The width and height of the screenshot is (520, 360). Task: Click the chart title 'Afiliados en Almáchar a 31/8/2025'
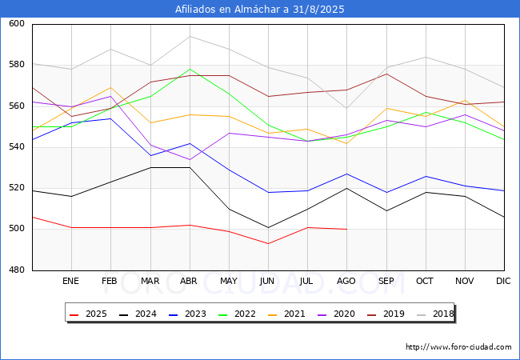(260, 9)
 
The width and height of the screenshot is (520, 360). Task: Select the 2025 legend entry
(88, 314)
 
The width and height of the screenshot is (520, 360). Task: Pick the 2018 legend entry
(435, 314)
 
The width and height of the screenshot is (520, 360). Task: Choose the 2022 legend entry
(237, 314)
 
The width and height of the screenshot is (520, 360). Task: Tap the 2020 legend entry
(336, 314)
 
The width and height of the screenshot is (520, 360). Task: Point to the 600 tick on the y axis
(17, 23)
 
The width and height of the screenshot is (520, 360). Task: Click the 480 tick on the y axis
(17, 270)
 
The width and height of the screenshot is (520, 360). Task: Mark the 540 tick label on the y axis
(17, 147)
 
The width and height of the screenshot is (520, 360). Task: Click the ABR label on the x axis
(189, 281)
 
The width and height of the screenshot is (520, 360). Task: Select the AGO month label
(346, 281)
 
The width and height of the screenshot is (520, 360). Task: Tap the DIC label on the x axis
(503, 281)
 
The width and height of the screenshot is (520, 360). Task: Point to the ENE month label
(70, 281)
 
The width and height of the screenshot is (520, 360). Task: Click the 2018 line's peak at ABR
(190, 36)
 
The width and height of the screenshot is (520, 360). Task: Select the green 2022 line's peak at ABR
(190, 69)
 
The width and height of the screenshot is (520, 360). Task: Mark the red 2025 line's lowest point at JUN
(268, 244)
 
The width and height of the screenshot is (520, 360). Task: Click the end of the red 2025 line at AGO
(347, 229)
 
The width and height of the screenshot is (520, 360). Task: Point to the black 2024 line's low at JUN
(268, 228)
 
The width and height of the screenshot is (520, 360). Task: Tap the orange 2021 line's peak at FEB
(110, 87)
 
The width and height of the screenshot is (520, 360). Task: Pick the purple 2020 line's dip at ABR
(190, 159)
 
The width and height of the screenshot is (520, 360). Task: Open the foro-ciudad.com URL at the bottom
(458, 347)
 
